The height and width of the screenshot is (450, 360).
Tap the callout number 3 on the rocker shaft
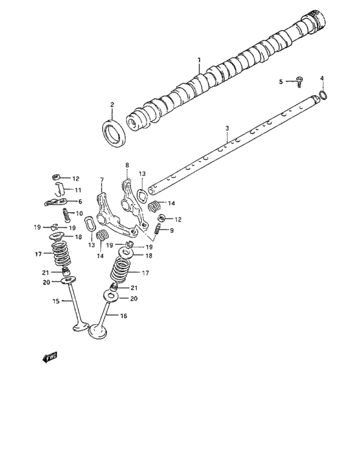227,129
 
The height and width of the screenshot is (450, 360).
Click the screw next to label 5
300,80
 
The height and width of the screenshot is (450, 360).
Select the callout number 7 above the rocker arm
101,179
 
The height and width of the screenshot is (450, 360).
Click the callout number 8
127,165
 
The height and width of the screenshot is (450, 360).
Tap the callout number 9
171,231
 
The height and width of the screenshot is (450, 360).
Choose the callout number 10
80,213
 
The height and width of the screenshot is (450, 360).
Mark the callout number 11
76,190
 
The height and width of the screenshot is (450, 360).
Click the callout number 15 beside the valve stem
55,301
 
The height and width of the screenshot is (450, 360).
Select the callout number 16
124,316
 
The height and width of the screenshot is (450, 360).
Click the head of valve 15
80,328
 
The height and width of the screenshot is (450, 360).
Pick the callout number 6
80,201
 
